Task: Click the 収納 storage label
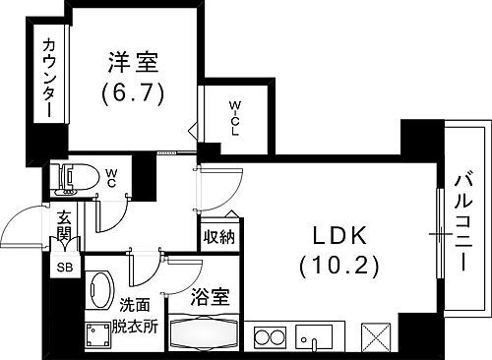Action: tap(219, 236)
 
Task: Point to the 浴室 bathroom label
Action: tap(210, 294)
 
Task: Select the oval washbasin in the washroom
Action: tap(100, 292)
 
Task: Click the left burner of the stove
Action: tap(264, 338)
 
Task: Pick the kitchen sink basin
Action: tap(316, 337)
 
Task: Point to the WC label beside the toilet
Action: tap(112, 179)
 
